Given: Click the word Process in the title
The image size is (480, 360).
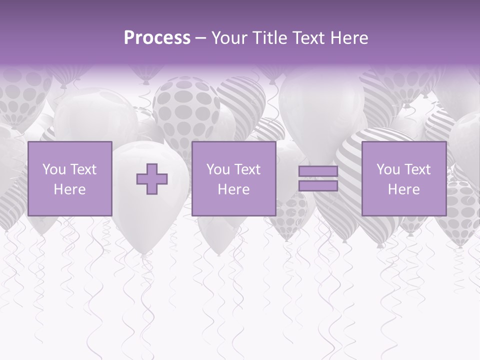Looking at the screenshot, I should click(157, 38).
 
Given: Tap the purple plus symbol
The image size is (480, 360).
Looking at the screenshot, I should click(152, 179).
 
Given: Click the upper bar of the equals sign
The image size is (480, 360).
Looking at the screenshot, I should click(318, 171).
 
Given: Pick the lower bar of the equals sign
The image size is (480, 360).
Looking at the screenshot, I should click(318, 185).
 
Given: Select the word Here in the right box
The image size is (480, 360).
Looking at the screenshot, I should click(403, 189).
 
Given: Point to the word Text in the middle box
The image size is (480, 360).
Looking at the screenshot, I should click(248, 169).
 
